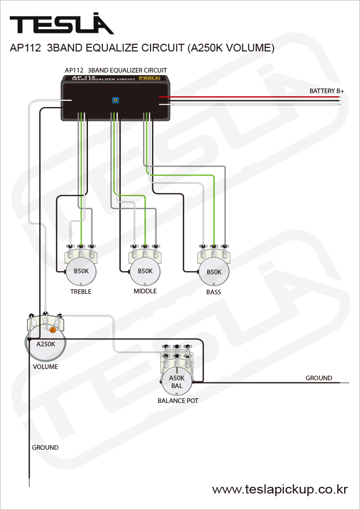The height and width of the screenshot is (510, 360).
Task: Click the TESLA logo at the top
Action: (x=62, y=24)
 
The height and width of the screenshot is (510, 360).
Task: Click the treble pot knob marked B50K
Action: (x=81, y=271)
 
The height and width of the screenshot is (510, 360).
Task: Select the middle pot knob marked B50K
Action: (x=145, y=271)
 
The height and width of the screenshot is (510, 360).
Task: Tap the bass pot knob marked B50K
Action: (x=213, y=272)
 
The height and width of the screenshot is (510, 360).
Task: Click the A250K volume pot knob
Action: (x=45, y=345)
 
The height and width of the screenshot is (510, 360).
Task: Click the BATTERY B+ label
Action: (x=327, y=91)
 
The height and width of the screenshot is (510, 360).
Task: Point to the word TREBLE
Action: (x=81, y=292)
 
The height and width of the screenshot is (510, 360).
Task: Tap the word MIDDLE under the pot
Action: (x=145, y=291)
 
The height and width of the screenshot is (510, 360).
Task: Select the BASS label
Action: (x=213, y=292)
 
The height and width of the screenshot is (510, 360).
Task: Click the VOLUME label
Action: (x=45, y=367)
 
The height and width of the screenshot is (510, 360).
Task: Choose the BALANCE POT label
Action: (x=178, y=400)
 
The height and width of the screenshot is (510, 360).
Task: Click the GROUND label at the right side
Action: (x=319, y=378)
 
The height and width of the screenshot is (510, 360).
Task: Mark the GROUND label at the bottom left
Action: (x=45, y=448)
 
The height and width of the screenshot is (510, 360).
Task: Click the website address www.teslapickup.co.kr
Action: (x=280, y=489)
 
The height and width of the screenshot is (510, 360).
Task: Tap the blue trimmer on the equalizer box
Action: (x=115, y=100)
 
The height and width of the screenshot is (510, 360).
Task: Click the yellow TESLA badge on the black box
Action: (x=148, y=79)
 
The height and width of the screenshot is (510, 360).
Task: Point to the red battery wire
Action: (x=247, y=96)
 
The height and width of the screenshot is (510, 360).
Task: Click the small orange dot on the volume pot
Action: (x=52, y=329)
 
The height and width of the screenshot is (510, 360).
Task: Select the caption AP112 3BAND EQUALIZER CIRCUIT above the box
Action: (x=116, y=70)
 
